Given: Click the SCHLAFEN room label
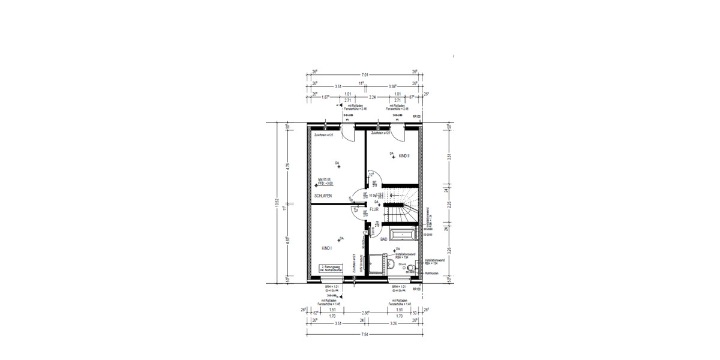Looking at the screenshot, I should pos(323,196).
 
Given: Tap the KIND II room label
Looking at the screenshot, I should pos(403,155).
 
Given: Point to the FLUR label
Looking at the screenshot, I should pos(374,209).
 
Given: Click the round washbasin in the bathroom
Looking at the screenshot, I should pos(391,263).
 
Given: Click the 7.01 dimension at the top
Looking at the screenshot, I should pos(364,75).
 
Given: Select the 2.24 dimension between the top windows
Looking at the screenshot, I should pos(372,96).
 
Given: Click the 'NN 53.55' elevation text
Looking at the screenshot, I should pos(325,180).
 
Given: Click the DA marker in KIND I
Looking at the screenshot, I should pos(341,239).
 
